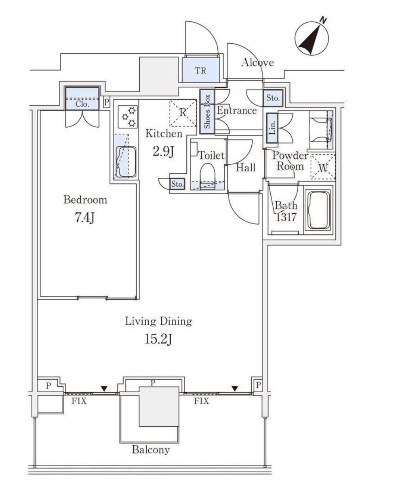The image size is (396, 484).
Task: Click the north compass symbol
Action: pyautogui.click(x=312, y=39)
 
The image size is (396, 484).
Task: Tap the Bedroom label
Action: pyautogui.click(x=85, y=200)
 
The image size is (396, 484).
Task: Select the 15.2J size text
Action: pyautogui.click(x=158, y=339)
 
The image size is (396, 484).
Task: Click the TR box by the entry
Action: pyautogui.click(x=200, y=70)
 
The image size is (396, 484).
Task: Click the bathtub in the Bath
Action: pyautogui.click(x=318, y=210)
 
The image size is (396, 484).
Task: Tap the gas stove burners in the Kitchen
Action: pyautogui.click(x=128, y=117)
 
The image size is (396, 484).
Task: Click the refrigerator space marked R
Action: pyautogui.click(x=183, y=113)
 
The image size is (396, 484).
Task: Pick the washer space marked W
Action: pyautogui.click(x=322, y=166)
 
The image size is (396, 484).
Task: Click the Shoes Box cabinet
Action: pyautogui.click(x=207, y=112)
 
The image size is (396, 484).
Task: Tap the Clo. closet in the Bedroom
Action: pyautogui.click(x=82, y=99)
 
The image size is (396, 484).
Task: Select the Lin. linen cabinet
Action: pyautogui.click(x=272, y=128)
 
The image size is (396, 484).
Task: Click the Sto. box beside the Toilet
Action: pyautogui.click(x=177, y=184)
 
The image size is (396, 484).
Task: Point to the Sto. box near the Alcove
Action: pyautogui.click(x=273, y=98)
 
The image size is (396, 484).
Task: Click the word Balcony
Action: pyautogui.click(x=151, y=450)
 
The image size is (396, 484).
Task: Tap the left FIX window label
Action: pyautogui.click(x=79, y=401)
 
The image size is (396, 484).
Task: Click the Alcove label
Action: pyautogui.click(x=257, y=62)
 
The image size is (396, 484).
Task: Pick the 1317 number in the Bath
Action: pyautogui.click(x=286, y=217)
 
